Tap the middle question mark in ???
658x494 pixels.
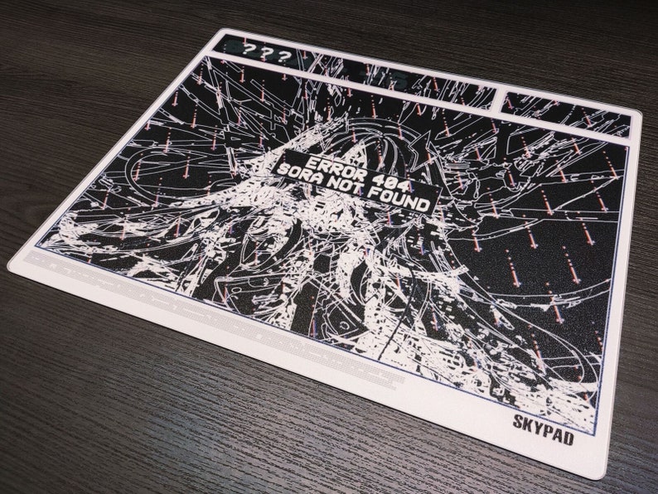pos(266,54)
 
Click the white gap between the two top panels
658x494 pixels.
pos(499,98)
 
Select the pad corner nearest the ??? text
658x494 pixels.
pos(220,31)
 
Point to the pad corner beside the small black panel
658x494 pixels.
pos(641,116)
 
